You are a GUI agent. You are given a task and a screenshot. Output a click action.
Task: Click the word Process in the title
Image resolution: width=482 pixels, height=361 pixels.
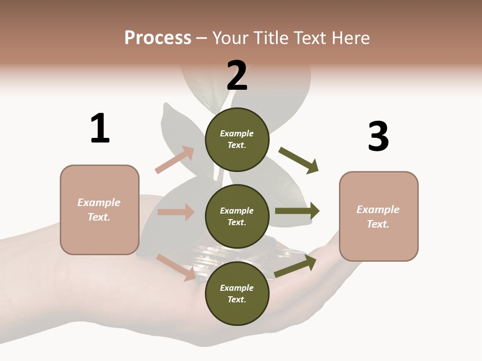tap(158, 38)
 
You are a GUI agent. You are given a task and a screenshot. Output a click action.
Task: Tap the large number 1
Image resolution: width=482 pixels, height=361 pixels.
tap(100, 128)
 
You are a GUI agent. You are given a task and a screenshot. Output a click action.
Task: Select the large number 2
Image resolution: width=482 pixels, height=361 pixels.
tap(237, 75)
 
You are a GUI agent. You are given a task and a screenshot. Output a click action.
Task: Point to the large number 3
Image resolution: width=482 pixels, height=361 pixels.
tap(378, 136)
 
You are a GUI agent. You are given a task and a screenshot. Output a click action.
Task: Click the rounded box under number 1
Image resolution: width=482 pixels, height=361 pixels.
tap(99, 210)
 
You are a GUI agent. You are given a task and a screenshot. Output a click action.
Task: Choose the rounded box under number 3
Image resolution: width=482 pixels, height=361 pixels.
tap(379, 216)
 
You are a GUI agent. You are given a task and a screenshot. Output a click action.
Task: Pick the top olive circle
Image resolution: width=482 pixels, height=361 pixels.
tap(237, 139)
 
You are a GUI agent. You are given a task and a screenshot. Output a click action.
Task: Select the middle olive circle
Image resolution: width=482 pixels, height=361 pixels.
tap(237, 216)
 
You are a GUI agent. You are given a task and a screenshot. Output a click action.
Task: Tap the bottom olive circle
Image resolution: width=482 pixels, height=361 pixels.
tap(237, 293)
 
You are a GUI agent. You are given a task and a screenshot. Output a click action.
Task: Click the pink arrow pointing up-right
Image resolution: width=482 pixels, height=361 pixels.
tap(175, 160)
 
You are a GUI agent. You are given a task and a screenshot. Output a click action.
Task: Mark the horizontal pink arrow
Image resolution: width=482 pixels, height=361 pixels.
tap(176, 212)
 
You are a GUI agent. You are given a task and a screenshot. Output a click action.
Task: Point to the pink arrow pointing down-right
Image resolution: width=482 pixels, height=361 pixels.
tap(176, 267)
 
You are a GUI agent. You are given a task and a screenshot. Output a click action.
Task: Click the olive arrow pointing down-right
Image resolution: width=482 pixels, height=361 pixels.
tap(299, 160)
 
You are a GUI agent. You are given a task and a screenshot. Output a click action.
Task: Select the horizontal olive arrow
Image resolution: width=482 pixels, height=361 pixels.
tap(297, 211)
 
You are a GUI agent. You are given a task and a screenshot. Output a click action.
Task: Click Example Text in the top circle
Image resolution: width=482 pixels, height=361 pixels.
tap(237, 139)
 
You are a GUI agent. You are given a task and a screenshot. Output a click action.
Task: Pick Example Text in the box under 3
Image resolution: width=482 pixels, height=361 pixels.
tap(378, 217)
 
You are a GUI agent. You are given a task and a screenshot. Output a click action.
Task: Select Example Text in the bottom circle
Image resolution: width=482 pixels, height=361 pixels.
tap(237, 294)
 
